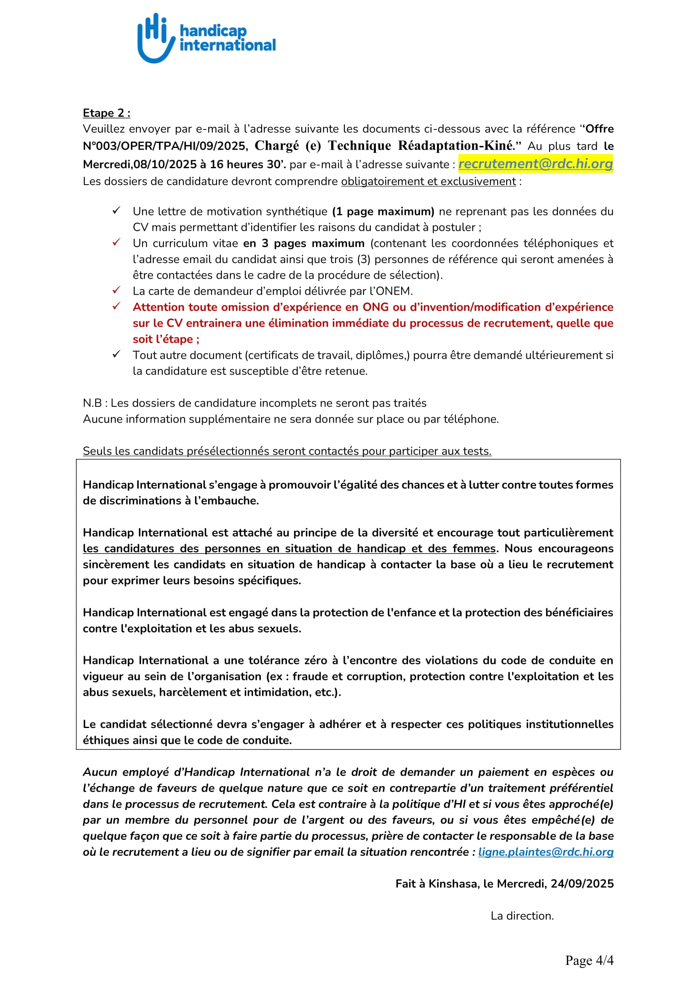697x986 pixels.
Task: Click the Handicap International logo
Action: pos(206,38)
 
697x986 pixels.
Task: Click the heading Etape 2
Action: pos(107,113)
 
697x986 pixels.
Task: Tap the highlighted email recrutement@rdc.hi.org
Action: pos(535,164)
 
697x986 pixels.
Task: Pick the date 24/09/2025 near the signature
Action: pos(582,884)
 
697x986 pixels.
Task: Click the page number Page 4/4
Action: pos(589,960)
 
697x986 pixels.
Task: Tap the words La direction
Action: pos(522,916)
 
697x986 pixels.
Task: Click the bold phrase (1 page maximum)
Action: pos(383,211)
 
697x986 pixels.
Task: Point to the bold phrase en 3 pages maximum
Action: pos(303,244)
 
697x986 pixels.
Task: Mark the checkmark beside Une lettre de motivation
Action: pos(116,210)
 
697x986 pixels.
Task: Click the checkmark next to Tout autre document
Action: pos(116,354)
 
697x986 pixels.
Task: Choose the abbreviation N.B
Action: pos(92,403)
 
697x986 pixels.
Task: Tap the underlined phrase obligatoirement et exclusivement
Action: pos(428,182)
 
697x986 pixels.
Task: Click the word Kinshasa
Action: pos(454,884)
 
